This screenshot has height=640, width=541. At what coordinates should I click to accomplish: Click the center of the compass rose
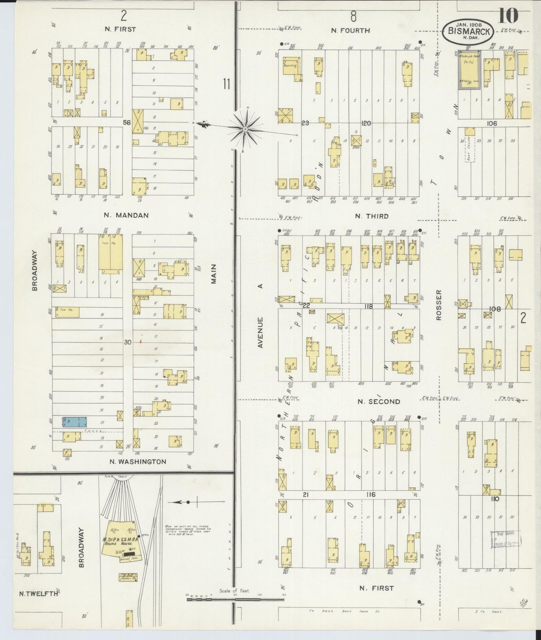pyautogui.click(x=245, y=129)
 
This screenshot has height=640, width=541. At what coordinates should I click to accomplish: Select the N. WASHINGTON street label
pyautogui.click(x=137, y=461)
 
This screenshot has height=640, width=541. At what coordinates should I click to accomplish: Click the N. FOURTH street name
pyautogui.click(x=350, y=31)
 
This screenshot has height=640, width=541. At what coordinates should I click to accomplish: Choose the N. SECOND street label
pyautogui.click(x=379, y=402)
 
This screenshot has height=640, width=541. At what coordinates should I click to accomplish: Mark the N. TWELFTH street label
pyautogui.click(x=39, y=594)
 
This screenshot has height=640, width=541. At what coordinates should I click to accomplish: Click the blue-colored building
pyautogui.click(x=75, y=421)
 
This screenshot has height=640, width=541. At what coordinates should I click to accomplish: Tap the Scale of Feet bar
pyautogui.click(x=235, y=600)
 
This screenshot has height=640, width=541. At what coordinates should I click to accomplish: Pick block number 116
pyautogui.click(x=371, y=495)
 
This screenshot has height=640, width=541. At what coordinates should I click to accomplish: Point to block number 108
pyautogui.click(x=495, y=309)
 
